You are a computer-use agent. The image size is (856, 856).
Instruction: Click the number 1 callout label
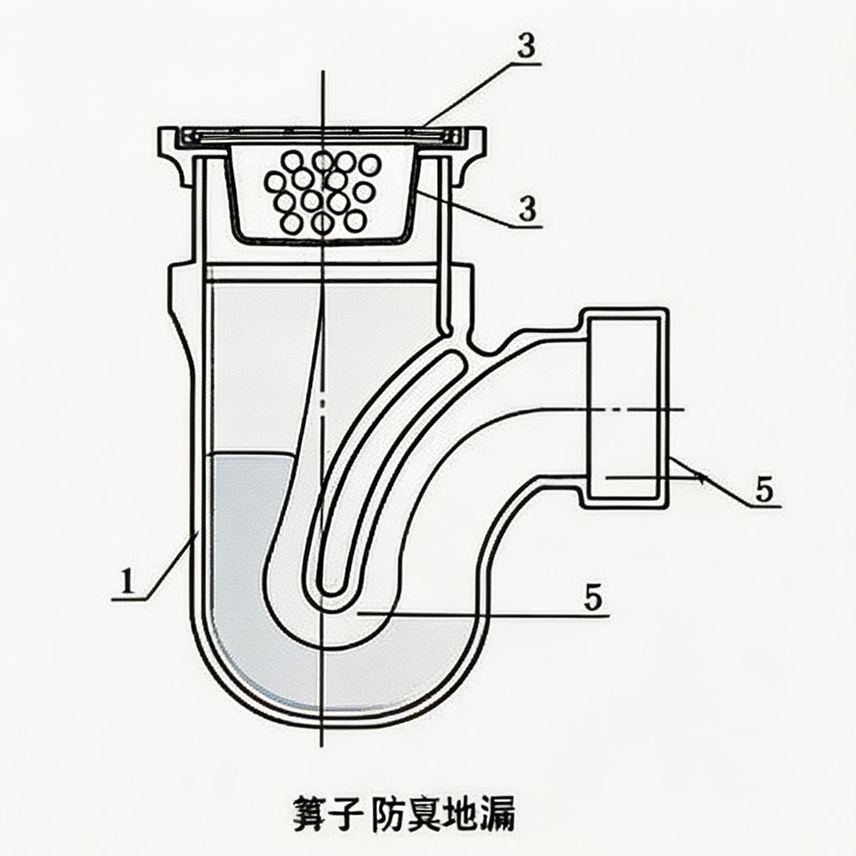(x=126, y=581)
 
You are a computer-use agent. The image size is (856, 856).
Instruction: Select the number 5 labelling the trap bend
(x=593, y=599)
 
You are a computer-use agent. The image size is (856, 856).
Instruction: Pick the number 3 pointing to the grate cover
(x=526, y=48)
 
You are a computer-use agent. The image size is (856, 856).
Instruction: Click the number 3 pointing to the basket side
(x=527, y=209)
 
